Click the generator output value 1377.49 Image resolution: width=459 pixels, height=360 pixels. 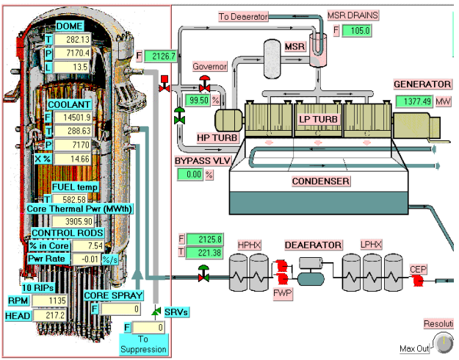pyautogui.click(x=414, y=101)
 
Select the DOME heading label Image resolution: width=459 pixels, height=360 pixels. pyautogui.click(x=70, y=26)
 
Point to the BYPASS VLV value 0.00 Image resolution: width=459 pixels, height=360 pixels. pyautogui.click(x=189, y=174)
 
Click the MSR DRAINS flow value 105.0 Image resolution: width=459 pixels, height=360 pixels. pyautogui.click(x=361, y=31)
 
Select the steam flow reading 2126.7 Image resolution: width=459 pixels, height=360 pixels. pyautogui.click(x=161, y=56)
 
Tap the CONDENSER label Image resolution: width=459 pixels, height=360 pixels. pyautogui.click(x=320, y=181)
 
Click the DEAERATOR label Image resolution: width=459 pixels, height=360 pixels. pyautogui.click(x=314, y=244)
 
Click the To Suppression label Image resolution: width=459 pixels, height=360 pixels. pyautogui.click(x=144, y=343)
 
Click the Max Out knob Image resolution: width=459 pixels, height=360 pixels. pyautogui.click(x=444, y=343)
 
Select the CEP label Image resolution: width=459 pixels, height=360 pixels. pyautogui.click(x=418, y=270)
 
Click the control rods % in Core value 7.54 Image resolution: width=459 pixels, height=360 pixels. pyautogui.click(x=84, y=245)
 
